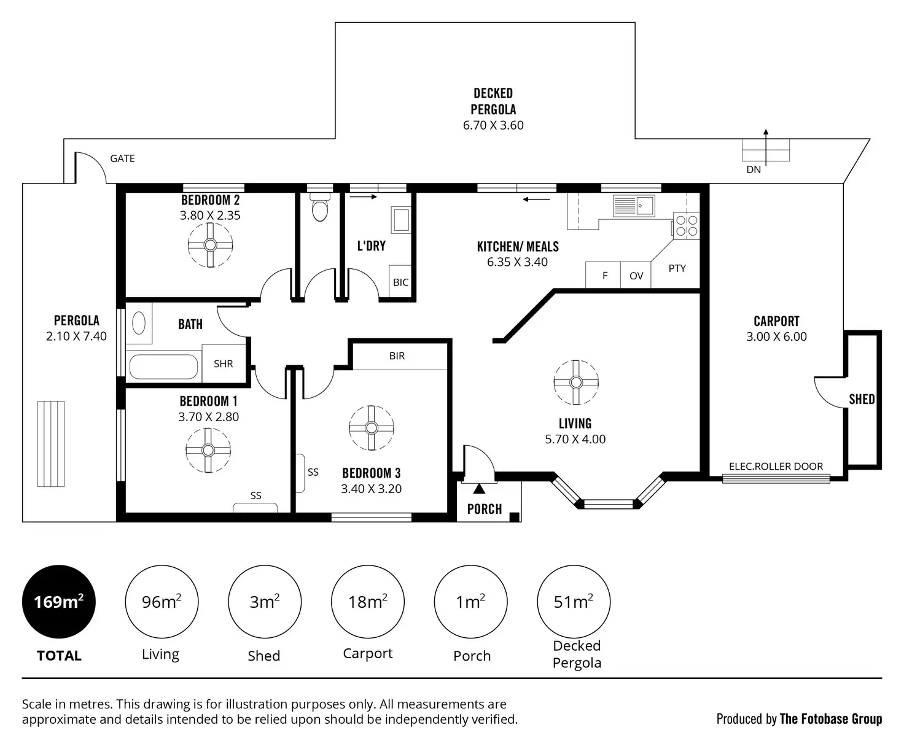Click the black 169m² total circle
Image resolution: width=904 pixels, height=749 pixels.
[59, 602]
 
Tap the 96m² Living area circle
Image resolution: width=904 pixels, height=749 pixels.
[162, 602]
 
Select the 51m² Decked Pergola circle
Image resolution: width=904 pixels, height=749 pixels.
[574, 602]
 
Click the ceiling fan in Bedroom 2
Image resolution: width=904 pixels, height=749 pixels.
[210, 245]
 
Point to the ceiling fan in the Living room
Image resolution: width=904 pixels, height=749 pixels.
[575, 382]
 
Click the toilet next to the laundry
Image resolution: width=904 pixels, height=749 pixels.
[319, 208]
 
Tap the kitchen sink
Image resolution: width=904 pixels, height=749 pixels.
[634, 205]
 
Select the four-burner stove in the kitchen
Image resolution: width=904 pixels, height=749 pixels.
[686, 225]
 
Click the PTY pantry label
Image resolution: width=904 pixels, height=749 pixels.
[677, 268]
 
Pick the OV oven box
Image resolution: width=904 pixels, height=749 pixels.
[636, 276]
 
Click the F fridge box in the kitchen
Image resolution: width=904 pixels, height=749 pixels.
[604, 276]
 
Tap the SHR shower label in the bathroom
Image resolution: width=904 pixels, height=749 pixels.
[224, 363]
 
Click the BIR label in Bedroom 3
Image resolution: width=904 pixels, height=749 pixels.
[397, 356]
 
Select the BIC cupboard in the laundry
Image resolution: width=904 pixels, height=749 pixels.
[400, 282]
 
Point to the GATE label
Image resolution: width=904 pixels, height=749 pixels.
[122, 158]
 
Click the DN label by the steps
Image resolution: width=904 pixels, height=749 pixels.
[754, 169]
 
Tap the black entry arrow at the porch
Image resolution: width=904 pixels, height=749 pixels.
[478, 489]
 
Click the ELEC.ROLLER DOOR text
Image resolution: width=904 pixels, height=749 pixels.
[776, 467]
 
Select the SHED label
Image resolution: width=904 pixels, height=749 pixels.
[862, 399]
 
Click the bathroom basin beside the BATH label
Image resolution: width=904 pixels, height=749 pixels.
[139, 322]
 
